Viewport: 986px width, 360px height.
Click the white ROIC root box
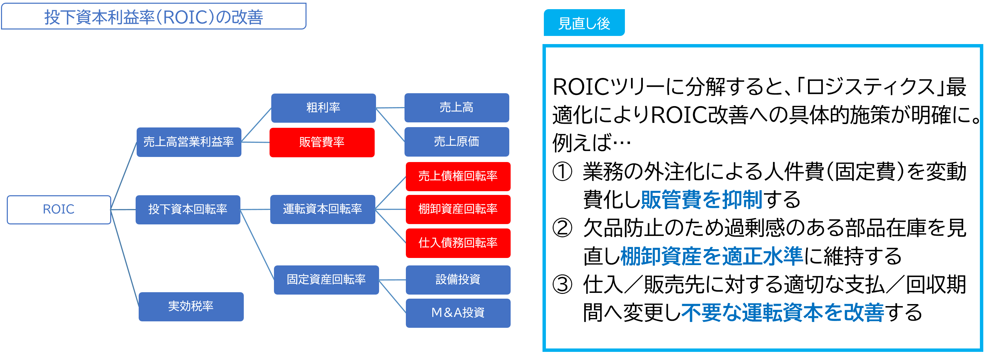coord(59,209)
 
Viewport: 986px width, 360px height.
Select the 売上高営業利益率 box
coord(189,142)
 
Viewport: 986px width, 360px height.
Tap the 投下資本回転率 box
coord(188,209)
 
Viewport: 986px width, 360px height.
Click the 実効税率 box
coord(191,306)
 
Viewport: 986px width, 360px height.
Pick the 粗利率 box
coord(323,108)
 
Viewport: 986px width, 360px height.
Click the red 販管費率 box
coord(322,142)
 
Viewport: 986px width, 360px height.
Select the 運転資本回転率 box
coord(322,209)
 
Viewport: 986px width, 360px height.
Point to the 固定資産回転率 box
coord(326,280)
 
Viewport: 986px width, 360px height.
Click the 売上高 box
coord(456,107)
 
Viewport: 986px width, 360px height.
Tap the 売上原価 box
coord(456,142)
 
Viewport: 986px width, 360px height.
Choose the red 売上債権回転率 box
coord(458,176)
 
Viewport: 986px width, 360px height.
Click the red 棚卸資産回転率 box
coord(458,209)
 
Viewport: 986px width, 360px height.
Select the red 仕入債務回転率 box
coord(458,243)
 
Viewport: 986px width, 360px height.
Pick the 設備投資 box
coord(458,280)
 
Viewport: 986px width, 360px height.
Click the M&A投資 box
coord(458,313)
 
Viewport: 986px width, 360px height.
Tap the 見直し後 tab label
coord(584,23)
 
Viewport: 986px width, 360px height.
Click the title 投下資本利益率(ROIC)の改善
coord(154,17)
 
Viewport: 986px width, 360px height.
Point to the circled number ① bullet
coord(562,172)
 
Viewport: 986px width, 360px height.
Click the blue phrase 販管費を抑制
coord(701,199)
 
